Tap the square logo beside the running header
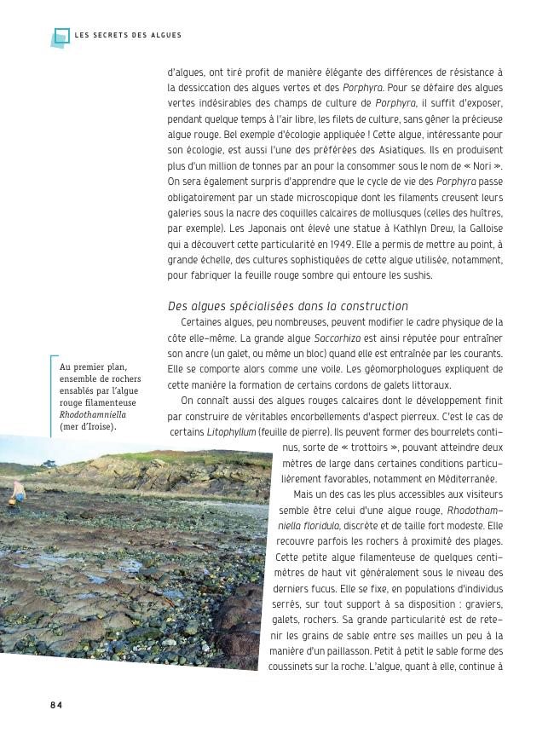(60, 37)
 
